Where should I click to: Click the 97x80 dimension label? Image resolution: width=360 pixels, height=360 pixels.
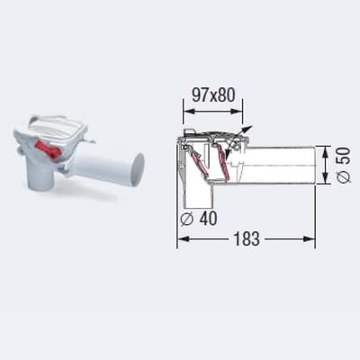tap(213, 95)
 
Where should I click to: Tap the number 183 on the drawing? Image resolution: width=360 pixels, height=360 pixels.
tap(247, 239)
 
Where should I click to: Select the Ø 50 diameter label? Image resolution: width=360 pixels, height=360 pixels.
tap(344, 165)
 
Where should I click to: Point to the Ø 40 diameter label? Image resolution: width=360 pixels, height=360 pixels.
tap(199, 219)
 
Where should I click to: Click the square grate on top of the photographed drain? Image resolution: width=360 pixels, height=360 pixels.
tap(58, 129)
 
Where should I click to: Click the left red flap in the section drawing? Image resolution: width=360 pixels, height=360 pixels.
tap(199, 162)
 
